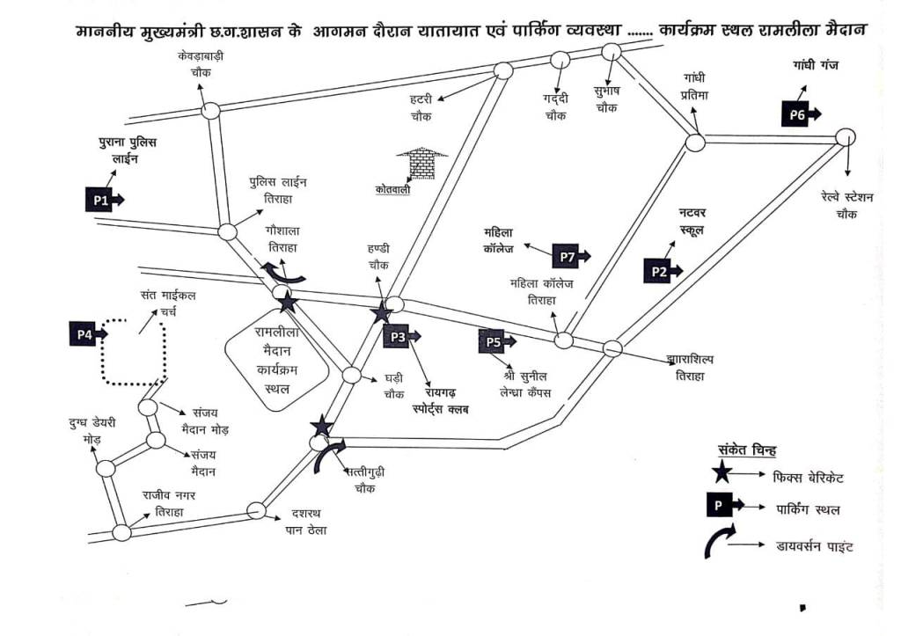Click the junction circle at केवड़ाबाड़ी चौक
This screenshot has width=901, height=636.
tap(209, 111)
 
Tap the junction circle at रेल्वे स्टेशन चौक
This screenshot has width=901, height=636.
tap(845, 137)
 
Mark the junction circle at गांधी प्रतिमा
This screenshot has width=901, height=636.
tap(695, 143)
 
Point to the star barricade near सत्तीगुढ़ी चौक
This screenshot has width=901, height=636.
tap(322, 427)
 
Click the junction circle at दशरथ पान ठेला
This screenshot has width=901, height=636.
tap(256, 510)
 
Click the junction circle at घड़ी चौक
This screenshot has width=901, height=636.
tap(351, 376)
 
